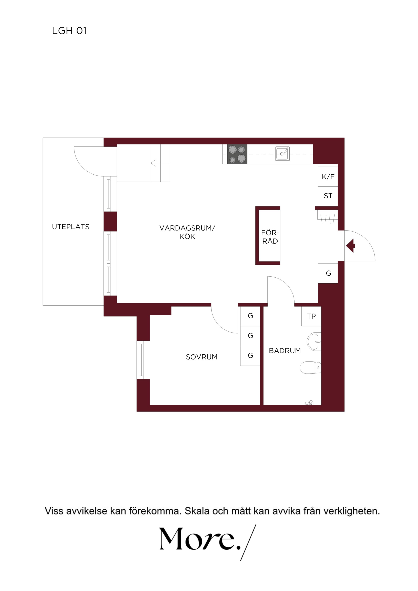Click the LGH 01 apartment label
(69, 31)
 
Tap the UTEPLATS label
(71, 227)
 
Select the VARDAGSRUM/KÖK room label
(187, 232)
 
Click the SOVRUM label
(202, 357)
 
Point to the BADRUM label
(285, 351)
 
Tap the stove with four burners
(237, 154)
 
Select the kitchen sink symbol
(282, 154)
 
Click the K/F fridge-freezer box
(328, 177)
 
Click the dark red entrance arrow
(350, 246)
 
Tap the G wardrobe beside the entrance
(328, 273)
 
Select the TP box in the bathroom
(311, 316)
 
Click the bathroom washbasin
(314, 342)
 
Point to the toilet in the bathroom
(311, 367)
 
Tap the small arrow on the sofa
(153, 163)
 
